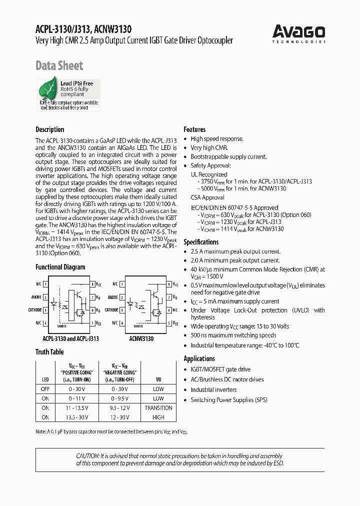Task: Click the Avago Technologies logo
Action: pyautogui.click(x=298, y=33)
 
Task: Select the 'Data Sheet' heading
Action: pyautogui.click(x=59, y=65)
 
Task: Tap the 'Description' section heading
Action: pyautogui.click(x=49, y=129)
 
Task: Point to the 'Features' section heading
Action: pyautogui.click(x=194, y=129)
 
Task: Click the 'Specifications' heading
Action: pyautogui.click(x=201, y=242)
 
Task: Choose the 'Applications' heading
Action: pyautogui.click(x=199, y=358)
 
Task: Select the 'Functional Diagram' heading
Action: pyautogui.click(x=60, y=267)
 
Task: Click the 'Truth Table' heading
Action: pyautogui.click(x=49, y=351)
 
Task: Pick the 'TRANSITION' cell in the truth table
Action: pyautogui.click(x=158, y=407)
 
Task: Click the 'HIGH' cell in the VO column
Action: pyautogui.click(x=158, y=417)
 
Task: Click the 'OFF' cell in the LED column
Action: pyautogui.click(x=45, y=388)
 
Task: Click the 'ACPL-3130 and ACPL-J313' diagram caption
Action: pyautogui.click(x=67, y=338)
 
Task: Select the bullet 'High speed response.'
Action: pyautogui.click(x=216, y=139)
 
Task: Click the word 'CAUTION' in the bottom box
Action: pyautogui.click(x=87, y=456)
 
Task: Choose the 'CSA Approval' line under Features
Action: pyautogui.click(x=207, y=198)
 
